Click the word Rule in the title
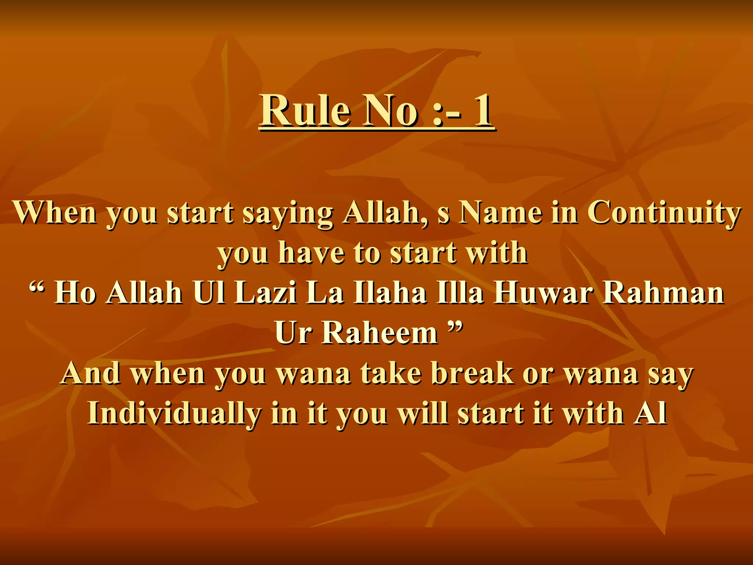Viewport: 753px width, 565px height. point(305,110)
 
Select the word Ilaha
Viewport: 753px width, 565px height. point(390,293)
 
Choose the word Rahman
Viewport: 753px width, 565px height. point(664,293)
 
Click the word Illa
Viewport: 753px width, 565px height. point(460,293)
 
